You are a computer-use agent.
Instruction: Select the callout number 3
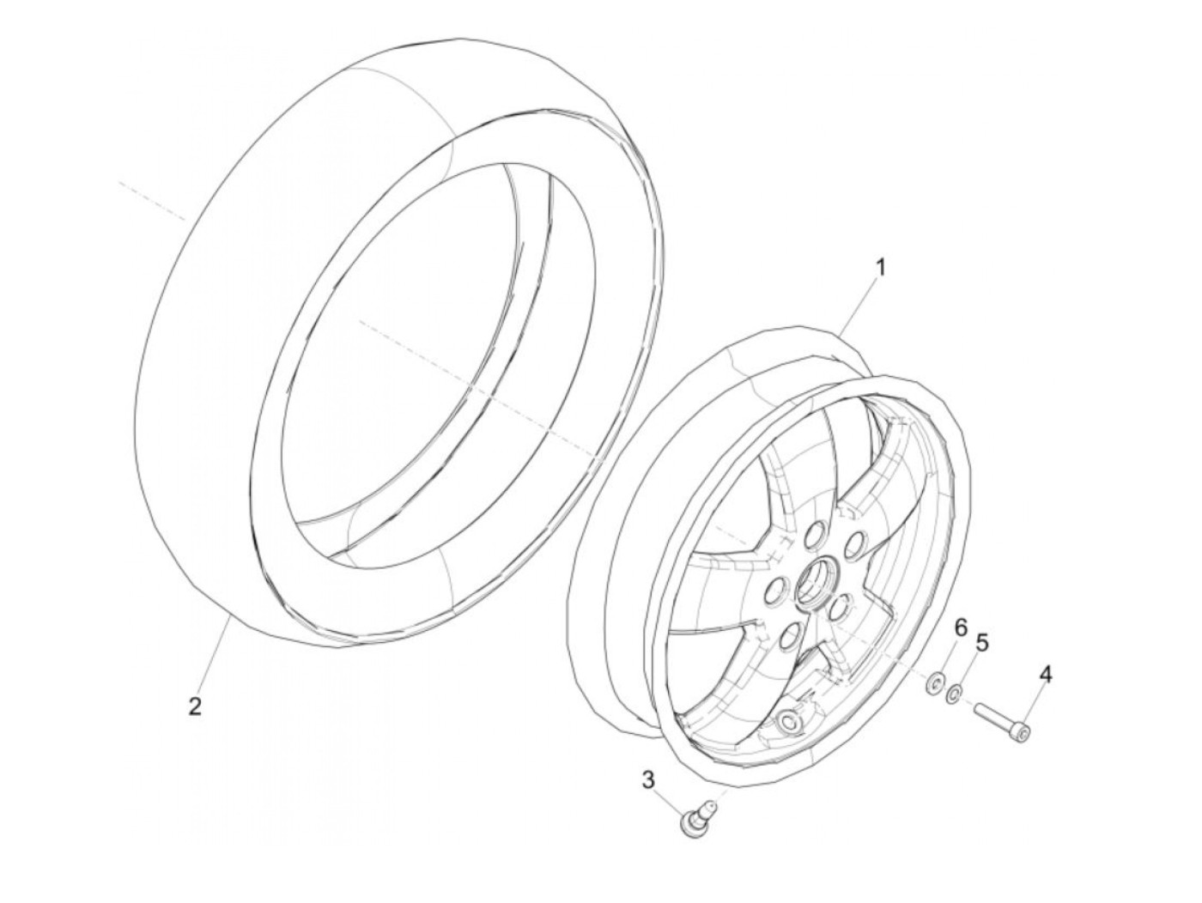648,779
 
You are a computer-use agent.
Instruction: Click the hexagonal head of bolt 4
1021,730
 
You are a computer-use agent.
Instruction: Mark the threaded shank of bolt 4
993,716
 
